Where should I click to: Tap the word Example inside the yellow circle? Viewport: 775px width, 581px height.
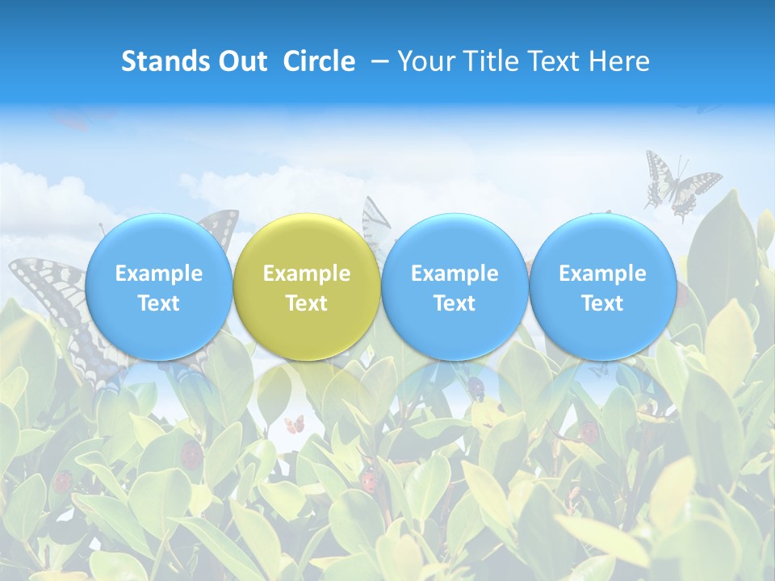(x=307, y=274)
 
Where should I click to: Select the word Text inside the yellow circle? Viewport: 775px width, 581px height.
(x=307, y=303)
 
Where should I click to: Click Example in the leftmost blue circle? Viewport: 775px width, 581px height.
(x=159, y=274)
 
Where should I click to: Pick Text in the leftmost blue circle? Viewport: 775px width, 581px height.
(x=159, y=303)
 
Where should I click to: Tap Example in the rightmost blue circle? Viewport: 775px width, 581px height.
(x=602, y=274)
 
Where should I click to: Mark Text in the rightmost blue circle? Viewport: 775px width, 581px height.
(x=602, y=303)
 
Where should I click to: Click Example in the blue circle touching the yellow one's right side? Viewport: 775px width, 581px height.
(x=455, y=274)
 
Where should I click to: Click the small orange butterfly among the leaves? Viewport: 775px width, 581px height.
(x=295, y=424)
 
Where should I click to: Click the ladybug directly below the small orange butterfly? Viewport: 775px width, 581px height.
(x=369, y=481)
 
